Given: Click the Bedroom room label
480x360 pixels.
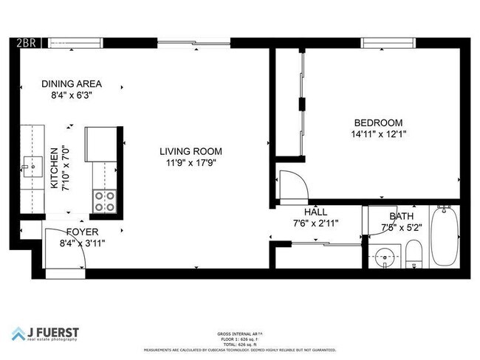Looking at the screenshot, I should pos(378,122).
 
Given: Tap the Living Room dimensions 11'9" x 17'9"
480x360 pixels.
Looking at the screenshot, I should pos(191,164).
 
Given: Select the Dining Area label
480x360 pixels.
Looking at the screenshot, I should pos(72,83).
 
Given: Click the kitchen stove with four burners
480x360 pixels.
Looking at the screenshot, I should pos(103,201).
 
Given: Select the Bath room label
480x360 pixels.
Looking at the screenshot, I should pos(402,216).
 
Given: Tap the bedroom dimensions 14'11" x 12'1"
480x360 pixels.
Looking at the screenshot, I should pos(378,134).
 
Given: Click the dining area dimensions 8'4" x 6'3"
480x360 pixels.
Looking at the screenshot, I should pos(72,95).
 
